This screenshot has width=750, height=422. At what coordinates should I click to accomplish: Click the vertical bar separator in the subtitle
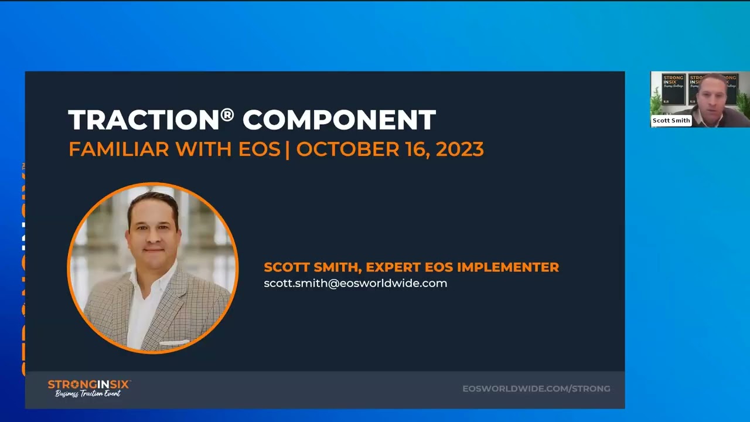tap(288, 149)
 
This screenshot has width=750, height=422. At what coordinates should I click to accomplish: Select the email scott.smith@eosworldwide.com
tap(355, 283)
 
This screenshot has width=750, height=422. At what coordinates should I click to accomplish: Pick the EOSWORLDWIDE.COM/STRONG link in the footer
tap(536, 389)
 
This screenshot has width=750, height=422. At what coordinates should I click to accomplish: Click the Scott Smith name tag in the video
tap(671, 121)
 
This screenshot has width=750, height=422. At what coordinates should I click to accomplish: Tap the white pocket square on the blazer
tap(174, 342)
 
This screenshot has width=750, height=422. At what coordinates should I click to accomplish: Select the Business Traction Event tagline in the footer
tap(88, 394)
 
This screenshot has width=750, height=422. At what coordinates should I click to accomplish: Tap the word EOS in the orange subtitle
tap(259, 149)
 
